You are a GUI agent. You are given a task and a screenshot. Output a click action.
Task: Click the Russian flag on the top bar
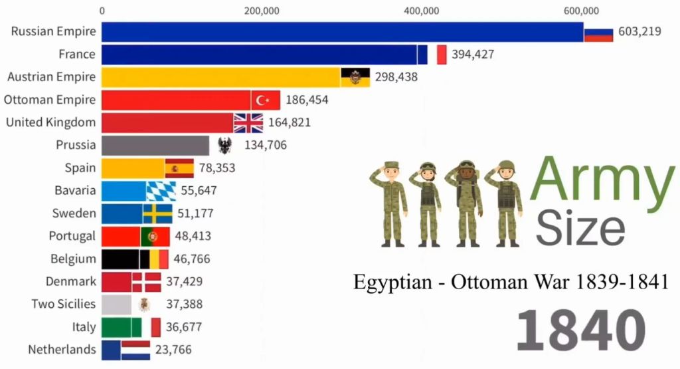tap(598, 32)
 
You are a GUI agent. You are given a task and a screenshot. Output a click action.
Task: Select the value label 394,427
tap(473, 55)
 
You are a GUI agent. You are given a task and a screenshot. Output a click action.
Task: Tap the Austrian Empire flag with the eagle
tap(355, 77)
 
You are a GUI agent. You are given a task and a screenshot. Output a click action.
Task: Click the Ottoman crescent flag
tap(266, 100)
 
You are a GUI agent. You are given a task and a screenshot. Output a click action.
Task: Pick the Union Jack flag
tap(248, 122)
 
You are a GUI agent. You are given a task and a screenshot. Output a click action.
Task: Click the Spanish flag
tap(179, 168)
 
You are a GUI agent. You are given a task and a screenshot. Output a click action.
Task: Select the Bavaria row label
tap(75, 191)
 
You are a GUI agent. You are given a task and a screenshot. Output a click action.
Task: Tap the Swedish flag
tap(157, 213)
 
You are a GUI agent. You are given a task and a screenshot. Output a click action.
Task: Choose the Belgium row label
tap(73, 259)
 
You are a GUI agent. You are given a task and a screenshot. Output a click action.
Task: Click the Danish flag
tap(146, 281)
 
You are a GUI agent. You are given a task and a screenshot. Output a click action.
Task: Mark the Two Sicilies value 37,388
tap(184, 305)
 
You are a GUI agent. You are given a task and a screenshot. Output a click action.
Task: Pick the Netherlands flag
tap(135, 350)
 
